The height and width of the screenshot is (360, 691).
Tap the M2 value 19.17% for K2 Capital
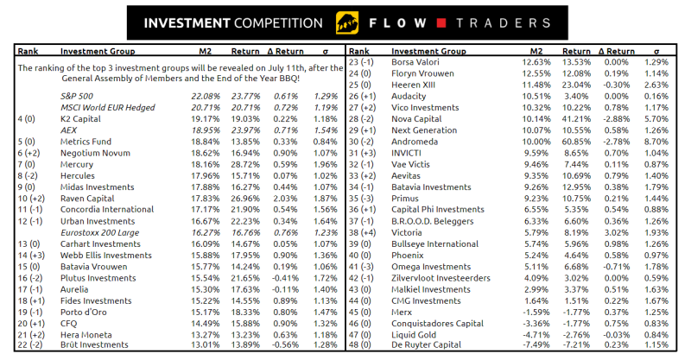[x=204, y=117]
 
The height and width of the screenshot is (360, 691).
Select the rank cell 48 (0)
[x=358, y=344]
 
